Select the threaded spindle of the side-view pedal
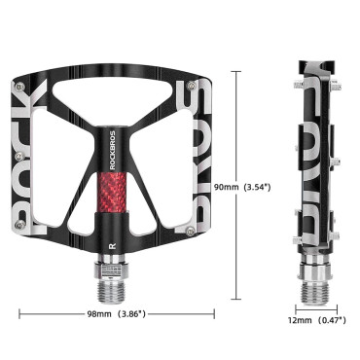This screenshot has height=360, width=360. tap(313, 275)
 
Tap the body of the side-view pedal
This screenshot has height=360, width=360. tap(313, 156)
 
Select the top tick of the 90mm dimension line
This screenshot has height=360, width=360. tap(239, 70)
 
